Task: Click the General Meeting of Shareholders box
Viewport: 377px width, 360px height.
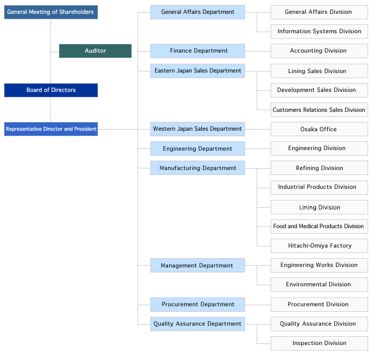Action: tap(51, 12)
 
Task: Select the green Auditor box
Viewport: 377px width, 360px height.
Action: tap(95, 50)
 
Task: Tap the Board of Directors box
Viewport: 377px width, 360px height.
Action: tap(51, 90)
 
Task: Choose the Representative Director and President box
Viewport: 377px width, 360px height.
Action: tap(51, 129)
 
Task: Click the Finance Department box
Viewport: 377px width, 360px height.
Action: tap(197, 50)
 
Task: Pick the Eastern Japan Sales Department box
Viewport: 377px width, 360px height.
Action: tap(197, 71)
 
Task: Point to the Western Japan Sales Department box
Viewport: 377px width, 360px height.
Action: tap(197, 129)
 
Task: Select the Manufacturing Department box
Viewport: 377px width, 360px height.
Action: tap(197, 168)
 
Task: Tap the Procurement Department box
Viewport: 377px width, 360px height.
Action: tap(197, 305)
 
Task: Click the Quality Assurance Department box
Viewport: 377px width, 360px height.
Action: tap(197, 324)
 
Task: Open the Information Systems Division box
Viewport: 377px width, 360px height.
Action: tap(319, 32)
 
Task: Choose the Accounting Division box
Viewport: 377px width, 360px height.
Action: tap(319, 50)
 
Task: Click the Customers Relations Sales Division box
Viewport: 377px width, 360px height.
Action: tap(319, 110)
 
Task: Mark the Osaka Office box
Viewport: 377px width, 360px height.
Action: tap(319, 129)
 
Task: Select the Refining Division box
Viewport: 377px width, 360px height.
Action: tap(319, 168)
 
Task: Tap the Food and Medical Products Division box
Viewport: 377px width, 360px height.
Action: tap(319, 227)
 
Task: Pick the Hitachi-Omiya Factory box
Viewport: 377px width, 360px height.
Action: tap(319, 246)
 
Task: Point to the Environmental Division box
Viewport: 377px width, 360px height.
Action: tap(319, 285)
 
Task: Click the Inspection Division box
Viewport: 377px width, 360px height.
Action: tap(319, 343)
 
